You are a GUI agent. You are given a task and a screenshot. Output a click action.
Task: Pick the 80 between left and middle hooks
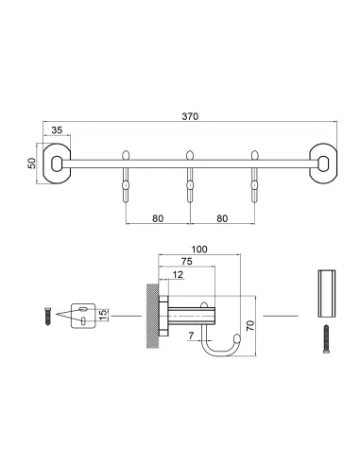(158, 217)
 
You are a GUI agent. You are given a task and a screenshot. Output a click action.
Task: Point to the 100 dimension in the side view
(199, 250)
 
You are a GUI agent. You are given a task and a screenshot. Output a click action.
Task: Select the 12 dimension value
(179, 275)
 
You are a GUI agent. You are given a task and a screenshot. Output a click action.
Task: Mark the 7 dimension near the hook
(191, 336)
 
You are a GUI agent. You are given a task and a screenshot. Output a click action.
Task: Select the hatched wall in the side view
(151, 314)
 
